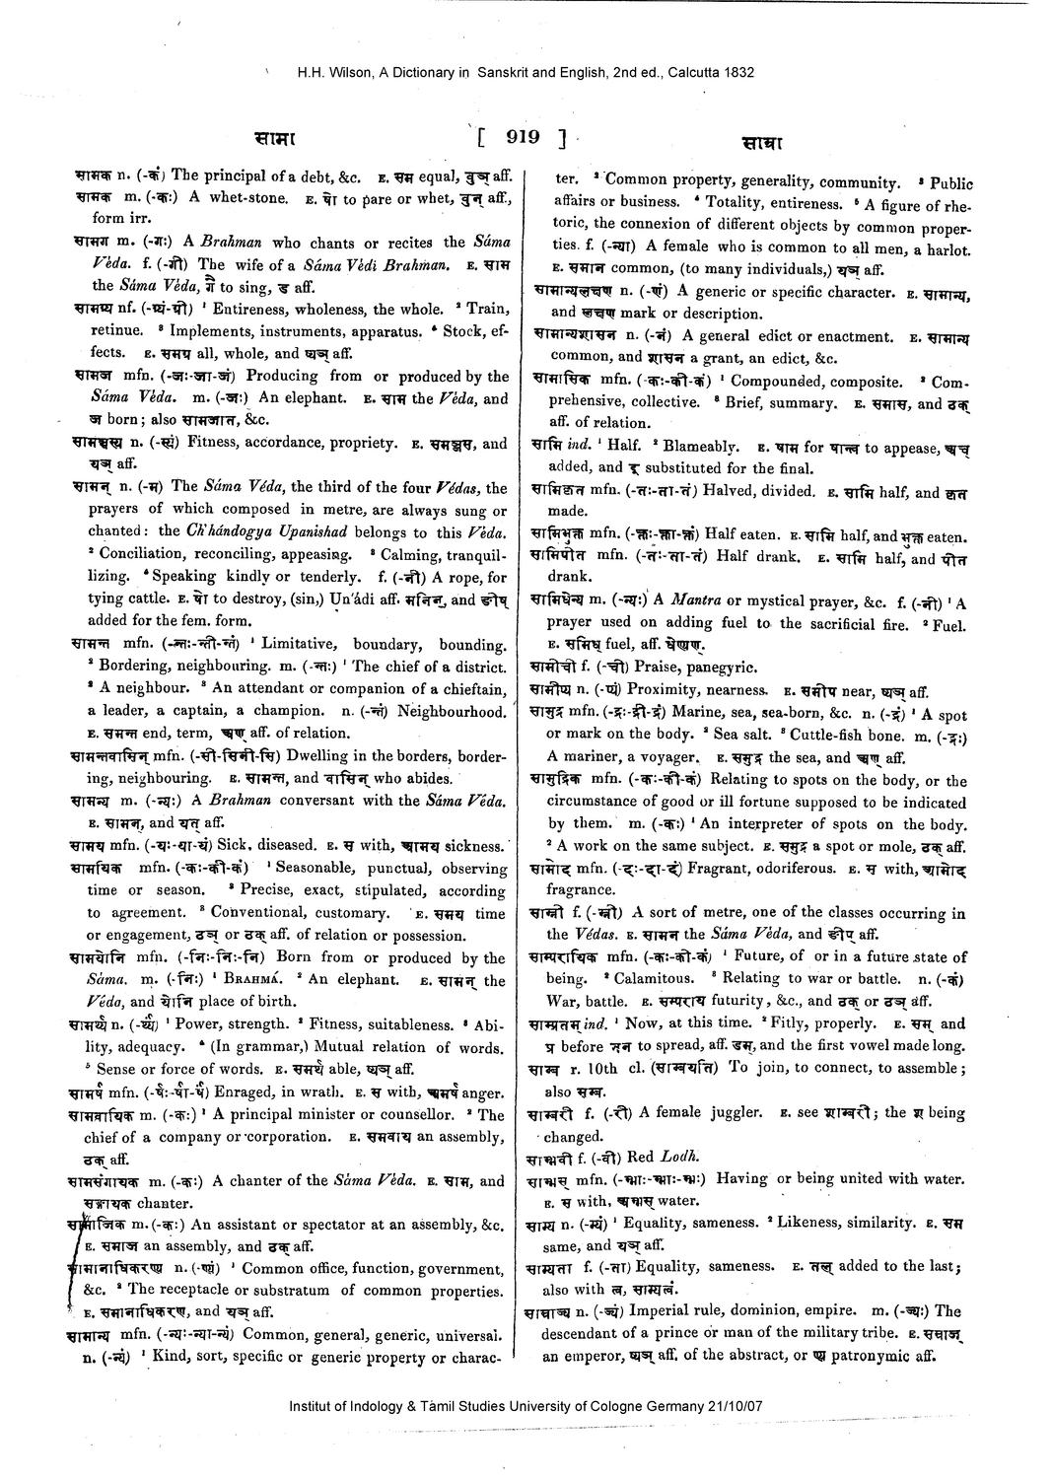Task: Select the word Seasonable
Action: pos(315,869)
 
